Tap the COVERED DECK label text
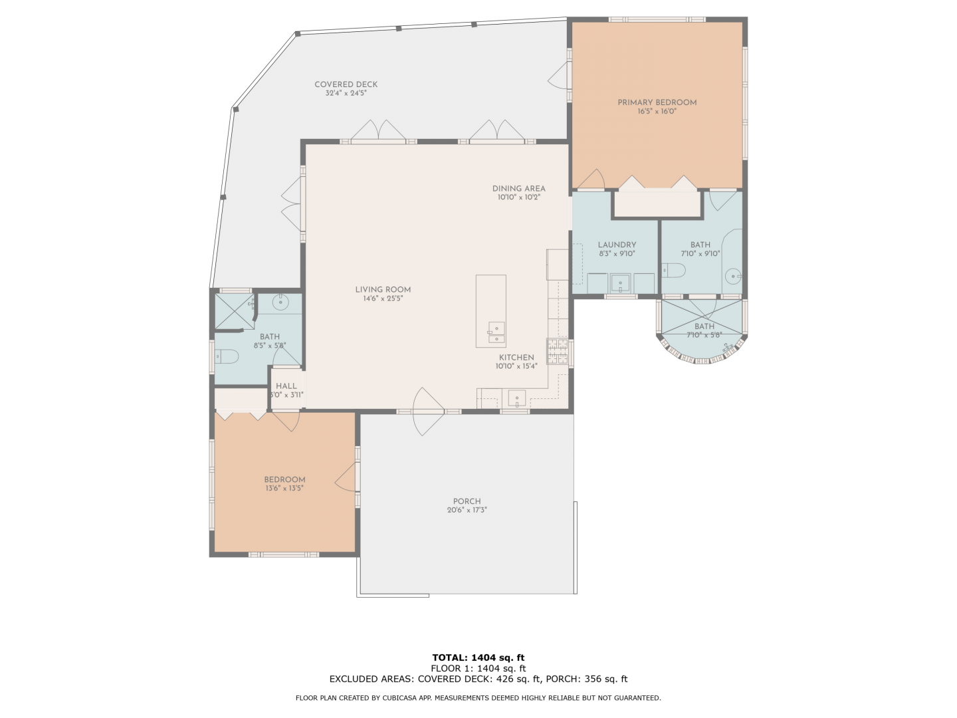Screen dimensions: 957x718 [346, 84]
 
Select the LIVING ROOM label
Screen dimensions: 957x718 [383, 289]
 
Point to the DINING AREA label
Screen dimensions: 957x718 [518, 189]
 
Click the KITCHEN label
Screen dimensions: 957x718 [516, 358]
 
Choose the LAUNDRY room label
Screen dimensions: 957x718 [617, 245]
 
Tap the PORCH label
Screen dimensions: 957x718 [467, 501]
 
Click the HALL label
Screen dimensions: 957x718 [286, 386]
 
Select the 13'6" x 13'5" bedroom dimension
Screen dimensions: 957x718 [284, 488]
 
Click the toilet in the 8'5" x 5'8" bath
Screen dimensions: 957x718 [226, 357]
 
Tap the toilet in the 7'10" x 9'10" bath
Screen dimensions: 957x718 [673, 271]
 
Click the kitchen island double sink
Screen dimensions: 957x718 [496, 333]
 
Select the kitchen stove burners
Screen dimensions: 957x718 [557, 352]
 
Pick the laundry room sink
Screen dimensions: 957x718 [619, 284]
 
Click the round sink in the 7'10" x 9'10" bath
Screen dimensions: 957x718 [733, 276]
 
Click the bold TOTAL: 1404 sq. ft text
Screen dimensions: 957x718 [478, 658]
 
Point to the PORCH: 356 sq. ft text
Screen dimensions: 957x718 [586, 679]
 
